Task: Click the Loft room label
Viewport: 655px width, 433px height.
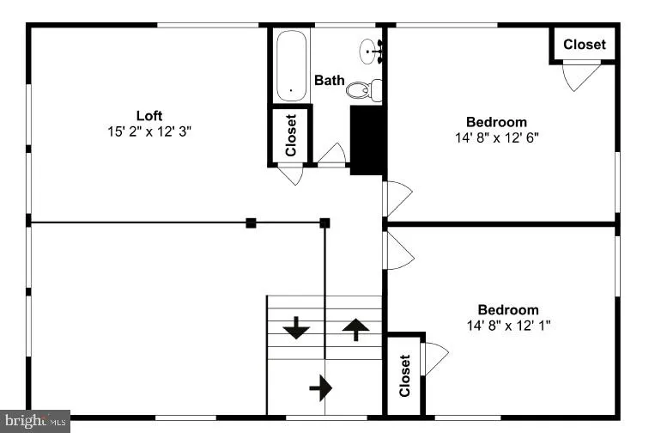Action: click(x=149, y=115)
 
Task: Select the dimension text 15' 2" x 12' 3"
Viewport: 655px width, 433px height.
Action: click(x=149, y=131)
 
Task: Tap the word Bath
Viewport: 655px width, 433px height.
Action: click(x=329, y=80)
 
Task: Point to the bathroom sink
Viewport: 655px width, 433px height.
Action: click(x=371, y=51)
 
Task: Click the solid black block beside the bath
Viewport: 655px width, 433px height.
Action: click(x=367, y=140)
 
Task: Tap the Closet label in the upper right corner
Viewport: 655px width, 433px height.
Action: click(x=584, y=44)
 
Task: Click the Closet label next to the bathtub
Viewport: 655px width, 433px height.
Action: click(x=291, y=136)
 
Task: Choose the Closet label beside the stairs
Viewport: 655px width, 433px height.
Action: click(x=404, y=375)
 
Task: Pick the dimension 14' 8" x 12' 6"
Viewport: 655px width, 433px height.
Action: click(x=502, y=137)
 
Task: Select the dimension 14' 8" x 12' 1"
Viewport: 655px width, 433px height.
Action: click(x=508, y=326)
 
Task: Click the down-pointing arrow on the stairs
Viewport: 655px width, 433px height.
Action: click(x=296, y=327)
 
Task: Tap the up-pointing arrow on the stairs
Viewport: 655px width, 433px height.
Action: click(x=356, y=328)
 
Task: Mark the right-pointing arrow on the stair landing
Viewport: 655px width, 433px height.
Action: click(x=321, y=387)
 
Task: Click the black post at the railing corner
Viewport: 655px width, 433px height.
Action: click(x=324, y=223)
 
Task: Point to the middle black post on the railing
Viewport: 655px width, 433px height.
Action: click(x=251, y=223)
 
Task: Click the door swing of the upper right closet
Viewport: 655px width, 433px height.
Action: click(x=581, y=76)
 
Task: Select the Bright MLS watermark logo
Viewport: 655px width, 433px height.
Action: click(x=34, y=421)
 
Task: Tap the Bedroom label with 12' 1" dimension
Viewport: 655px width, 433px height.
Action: click(x=508, y=309)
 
